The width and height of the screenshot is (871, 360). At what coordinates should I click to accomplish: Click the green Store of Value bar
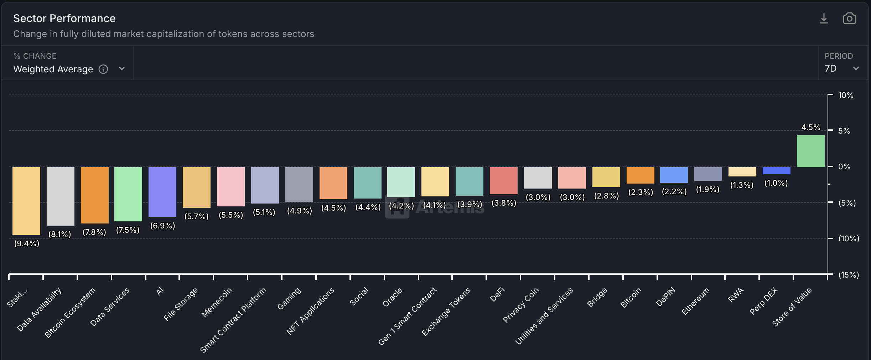810,151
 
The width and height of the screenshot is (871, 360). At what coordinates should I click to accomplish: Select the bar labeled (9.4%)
26,201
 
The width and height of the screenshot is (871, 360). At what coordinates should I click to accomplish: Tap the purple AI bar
162,192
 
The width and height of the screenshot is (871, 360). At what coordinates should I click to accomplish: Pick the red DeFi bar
503,180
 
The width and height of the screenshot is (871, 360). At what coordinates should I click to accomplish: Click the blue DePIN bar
674,175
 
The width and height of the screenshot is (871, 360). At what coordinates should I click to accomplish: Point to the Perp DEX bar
776,171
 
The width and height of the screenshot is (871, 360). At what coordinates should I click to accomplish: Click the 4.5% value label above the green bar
810,128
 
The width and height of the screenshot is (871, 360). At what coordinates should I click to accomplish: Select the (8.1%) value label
60,234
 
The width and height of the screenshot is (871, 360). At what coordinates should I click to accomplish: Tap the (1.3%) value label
742,185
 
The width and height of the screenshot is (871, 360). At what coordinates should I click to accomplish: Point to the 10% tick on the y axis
845,95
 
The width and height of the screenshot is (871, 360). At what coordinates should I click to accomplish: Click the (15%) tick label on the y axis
848,275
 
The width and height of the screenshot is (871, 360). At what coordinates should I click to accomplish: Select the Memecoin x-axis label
217,302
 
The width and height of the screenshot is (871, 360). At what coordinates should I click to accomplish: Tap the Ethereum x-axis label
695,301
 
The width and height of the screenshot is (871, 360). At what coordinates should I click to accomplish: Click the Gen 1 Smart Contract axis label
407,317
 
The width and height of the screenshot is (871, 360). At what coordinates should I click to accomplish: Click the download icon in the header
824,19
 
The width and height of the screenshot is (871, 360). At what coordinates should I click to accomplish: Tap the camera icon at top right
849,19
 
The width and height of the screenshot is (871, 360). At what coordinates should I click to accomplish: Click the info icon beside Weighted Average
103,69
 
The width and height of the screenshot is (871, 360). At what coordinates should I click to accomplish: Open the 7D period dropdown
841,68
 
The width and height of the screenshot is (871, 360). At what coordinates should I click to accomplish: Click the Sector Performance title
64,19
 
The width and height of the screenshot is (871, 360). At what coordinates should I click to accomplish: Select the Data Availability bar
61,196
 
